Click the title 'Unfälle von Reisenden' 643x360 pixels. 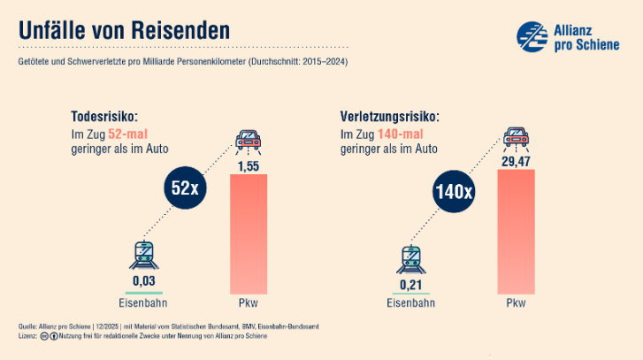click(x=124, y=29)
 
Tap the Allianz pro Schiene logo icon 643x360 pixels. click(x=532, y=37)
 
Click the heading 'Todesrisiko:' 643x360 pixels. click(x=105, y=117)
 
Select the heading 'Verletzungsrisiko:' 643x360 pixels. click(x=389, y=117)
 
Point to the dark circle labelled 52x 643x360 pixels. click(x=188, y=188)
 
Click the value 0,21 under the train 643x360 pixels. click(x=410, y=284)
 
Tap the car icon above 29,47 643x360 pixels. click(x=517, y=137)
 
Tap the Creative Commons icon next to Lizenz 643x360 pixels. click(x=44, y=336)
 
